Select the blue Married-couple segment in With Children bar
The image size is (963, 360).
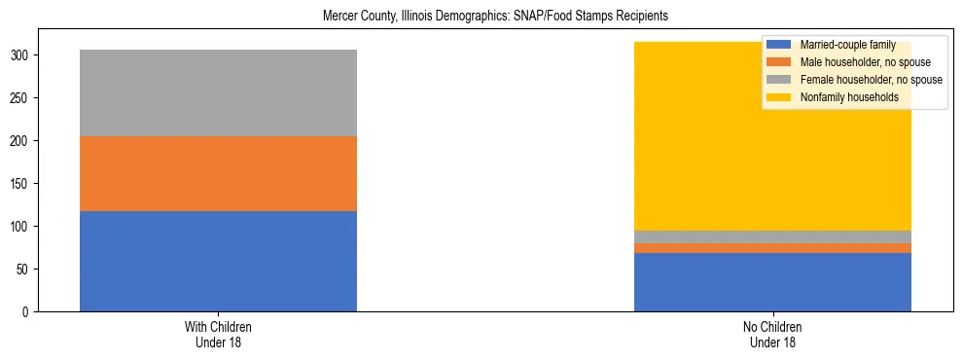pyautogui.click(x=218, y=261)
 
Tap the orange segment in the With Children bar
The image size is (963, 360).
pyautogui.click(x=218, y=173)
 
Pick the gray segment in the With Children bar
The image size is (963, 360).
pyautogui.click(x=218, y=92)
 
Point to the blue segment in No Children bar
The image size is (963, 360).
pyautogui.click(x=772, y=282)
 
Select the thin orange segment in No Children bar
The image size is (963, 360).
pyautogui.click(x=772, y=248)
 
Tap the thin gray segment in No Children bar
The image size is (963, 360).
pyautogui.click(x=772, y=236)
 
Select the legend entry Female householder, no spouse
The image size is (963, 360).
pyautogui.click(x=870, y=80)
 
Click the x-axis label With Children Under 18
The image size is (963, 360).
pyautogui.click(x=218, y=334)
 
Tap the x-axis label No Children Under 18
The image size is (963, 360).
pyautogui.click(x=772, y=334)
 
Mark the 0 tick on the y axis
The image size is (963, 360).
pyautogui.click(x=26, y=311)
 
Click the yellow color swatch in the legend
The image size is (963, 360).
pyautogui.click(x=778, y=97)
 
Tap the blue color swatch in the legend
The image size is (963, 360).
pyautogui.click(x=778, y=45)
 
